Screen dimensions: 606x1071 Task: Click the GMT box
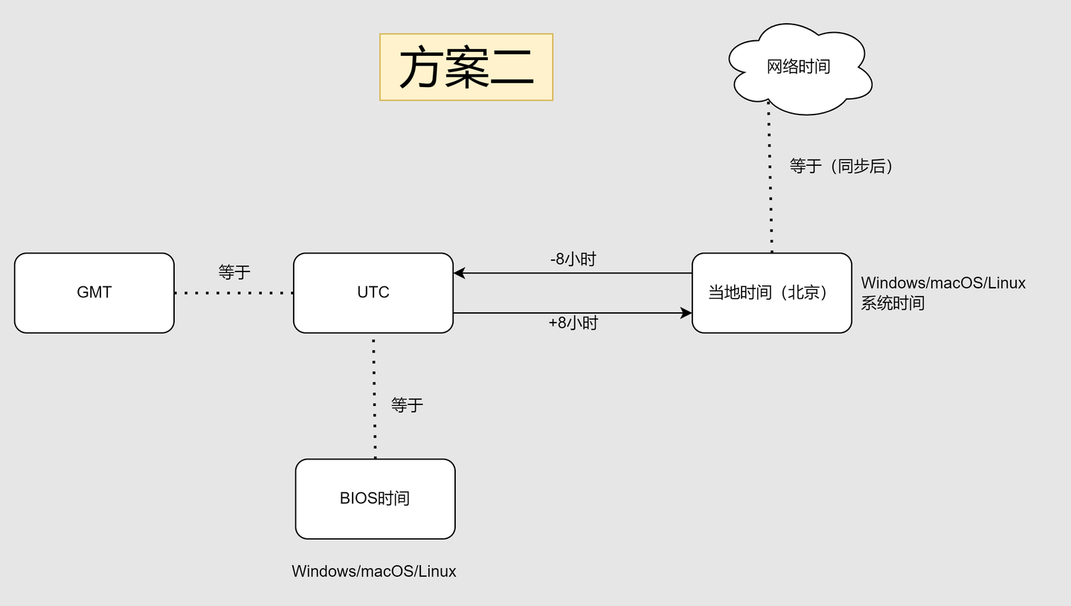[x=94, y=292]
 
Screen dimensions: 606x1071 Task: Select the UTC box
[x=373, y=292]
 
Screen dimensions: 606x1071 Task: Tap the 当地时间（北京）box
[x=771, y=292]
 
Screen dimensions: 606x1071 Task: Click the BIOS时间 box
[x=375, y=498]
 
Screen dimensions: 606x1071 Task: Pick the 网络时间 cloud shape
[x=798, y=67]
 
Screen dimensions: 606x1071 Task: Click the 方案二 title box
[x=466, y=67]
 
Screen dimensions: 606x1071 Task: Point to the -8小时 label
[x=573, y=260]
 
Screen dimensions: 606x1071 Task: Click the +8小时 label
[x=573, y=323]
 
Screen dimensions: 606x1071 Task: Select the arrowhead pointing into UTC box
[x=460, y=273]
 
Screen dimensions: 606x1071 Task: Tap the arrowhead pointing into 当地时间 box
[x=686, y=313]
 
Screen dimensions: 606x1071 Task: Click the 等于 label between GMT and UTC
[x=234, y=272]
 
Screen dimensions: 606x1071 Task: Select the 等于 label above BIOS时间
[x=407, y=404]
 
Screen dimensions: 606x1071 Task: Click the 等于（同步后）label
[x=841, y=166]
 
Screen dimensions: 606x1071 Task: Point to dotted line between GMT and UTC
[x=234, y=293]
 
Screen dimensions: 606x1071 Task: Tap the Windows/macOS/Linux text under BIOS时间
[x=373, y=571]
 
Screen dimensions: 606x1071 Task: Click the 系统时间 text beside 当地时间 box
[x=892, y=303]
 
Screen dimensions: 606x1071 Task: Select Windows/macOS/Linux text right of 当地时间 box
[x=943, y=283]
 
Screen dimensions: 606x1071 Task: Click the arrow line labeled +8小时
[x=573, y=313]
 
